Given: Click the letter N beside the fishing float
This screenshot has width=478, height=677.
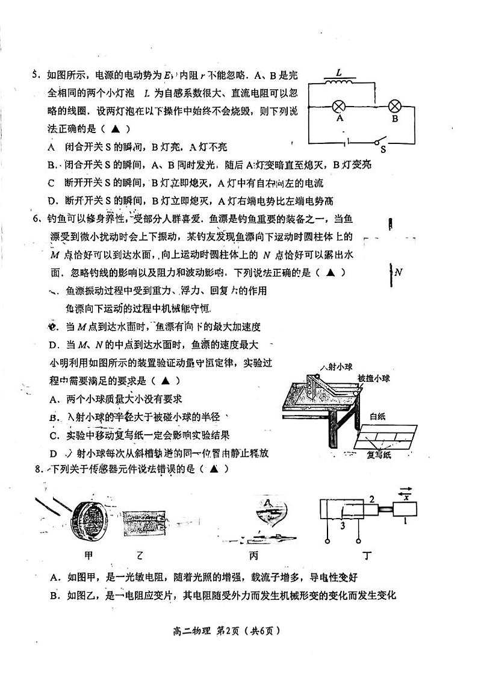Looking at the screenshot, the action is coord(398,273).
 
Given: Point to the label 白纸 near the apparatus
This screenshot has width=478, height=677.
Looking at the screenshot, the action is coord(377,416).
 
